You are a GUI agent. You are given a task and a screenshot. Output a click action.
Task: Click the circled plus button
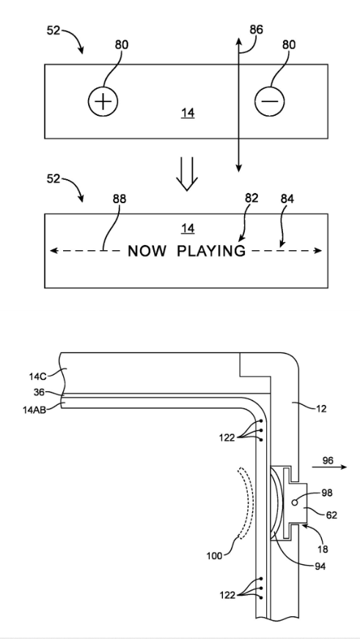coord(103,101)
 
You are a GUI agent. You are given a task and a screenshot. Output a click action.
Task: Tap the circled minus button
coord(270,101)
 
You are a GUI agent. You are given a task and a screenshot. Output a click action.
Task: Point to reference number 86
coord(256,30)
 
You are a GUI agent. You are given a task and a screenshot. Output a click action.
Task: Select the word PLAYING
coord(211,251)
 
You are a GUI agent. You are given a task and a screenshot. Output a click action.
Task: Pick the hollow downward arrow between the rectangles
coord(187,173)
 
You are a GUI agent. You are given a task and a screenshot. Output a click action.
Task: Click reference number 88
coord(120,199)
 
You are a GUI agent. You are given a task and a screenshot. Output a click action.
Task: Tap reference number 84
coord(287,199)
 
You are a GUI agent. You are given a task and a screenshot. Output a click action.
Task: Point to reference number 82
coord(251,197)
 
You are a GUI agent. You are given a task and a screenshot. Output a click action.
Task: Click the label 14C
coord(38,377)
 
